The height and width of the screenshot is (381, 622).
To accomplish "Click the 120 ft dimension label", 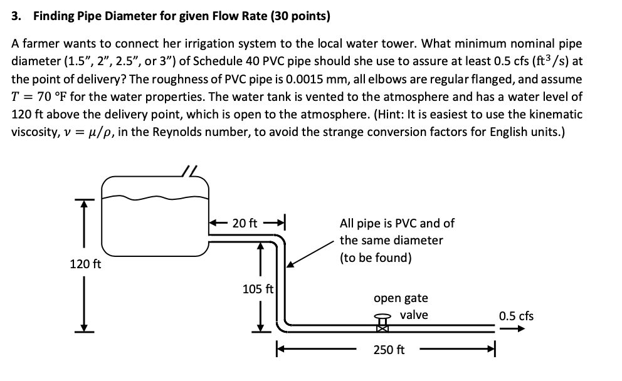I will point(85,264).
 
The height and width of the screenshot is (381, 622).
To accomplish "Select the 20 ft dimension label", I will point(245,222).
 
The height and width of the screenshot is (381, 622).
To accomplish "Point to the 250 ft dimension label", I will point(389,350).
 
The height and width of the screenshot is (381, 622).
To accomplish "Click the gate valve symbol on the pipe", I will point(382,322).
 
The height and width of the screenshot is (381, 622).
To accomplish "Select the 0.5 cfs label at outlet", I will point(516,316).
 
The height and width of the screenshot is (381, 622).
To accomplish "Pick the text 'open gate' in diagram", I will point(401,298).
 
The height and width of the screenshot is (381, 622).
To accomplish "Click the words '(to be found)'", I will point(376,258).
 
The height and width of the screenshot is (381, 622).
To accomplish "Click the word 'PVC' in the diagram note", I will point(405,223).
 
